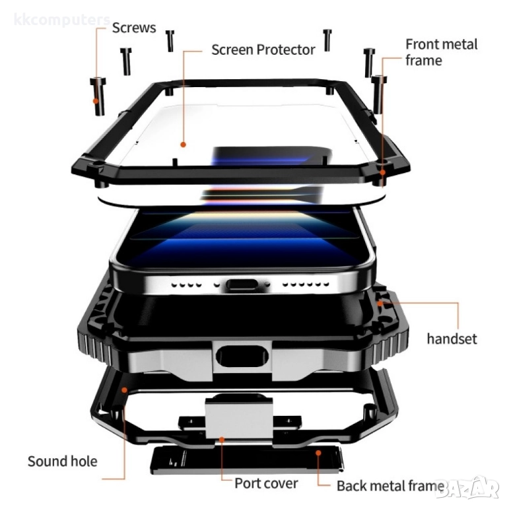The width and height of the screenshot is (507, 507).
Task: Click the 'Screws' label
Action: coord(134,28)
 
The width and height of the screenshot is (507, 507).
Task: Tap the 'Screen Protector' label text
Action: coord(263,50)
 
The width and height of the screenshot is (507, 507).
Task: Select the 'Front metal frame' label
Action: coord(442,52)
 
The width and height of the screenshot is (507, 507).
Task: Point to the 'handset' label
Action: coord(452,339)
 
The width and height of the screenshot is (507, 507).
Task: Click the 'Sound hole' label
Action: coord(63,461)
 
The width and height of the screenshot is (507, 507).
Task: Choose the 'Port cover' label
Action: coord(266,483)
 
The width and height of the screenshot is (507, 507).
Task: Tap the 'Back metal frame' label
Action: coord(390,486)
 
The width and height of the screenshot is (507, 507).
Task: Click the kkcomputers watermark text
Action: coord(62,20)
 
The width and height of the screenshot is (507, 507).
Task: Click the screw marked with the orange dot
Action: coord(98,96)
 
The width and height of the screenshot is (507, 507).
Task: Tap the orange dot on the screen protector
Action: coord(183,145)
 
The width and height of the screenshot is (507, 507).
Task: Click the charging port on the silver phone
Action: coord(242,285)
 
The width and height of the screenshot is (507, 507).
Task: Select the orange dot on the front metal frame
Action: coord(382,172)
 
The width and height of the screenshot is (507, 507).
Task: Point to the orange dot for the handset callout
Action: coord(380,303)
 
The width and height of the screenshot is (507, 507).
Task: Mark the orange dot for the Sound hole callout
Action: coord(124,390)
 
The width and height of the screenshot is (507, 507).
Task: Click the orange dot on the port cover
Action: coord(222,440)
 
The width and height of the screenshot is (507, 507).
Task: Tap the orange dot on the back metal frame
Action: coord(318,453)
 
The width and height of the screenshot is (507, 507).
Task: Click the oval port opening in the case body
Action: coord(242,356)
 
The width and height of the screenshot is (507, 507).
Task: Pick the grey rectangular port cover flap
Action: coord(239,418)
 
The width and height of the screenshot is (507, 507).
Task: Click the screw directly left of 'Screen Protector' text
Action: coord(170,41)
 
